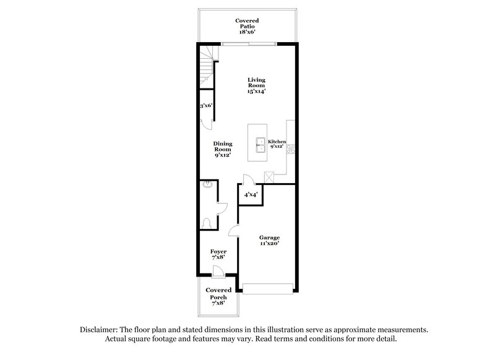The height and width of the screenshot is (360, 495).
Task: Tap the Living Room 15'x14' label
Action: point(256,85)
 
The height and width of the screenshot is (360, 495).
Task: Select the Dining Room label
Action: point(223,149)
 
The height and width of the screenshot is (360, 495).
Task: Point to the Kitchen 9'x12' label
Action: point(277,145)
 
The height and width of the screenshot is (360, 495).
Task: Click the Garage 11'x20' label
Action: point(270,241)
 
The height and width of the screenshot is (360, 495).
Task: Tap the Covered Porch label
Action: point(218,297)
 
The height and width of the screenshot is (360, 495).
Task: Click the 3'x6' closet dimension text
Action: point(206,106)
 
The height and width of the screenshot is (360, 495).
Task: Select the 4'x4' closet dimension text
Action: point(251,195)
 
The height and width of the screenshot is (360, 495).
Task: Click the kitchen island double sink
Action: point(261,145)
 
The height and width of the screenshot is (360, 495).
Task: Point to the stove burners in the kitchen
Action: point(290,148)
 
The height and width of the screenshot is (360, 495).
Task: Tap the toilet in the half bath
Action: point(208,221)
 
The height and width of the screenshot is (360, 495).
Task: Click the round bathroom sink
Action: point(207,184)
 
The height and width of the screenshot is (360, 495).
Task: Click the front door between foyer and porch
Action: point(218,270)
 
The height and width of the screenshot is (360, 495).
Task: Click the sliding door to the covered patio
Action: point(249,43)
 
